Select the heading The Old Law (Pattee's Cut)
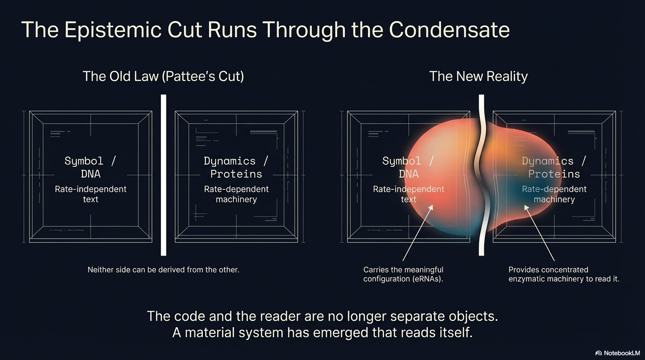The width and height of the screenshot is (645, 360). (x=163, y=76)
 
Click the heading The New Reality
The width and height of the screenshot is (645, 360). (x=478, y=76)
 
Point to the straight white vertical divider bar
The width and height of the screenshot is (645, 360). (x=164, y=175)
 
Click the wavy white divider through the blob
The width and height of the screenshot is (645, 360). (x=481, y=175)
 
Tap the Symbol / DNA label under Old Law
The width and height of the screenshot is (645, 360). (x=90, y=167)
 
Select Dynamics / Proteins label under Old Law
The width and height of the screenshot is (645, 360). (x=236, y=167)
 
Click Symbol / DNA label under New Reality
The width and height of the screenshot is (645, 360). (x=408, y=167)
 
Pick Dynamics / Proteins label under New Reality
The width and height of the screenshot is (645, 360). (x=554, y=167)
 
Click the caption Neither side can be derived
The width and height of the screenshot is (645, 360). (x=163, y=270)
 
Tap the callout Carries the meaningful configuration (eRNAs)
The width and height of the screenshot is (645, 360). (x=403, y=274)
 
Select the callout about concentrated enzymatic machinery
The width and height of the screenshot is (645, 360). (x=564, y=274)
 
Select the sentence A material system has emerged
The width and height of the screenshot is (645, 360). (x=322, y=333)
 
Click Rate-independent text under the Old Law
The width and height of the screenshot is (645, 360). (x=90, y=194)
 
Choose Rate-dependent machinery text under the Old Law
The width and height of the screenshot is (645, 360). (x=236, y=194)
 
